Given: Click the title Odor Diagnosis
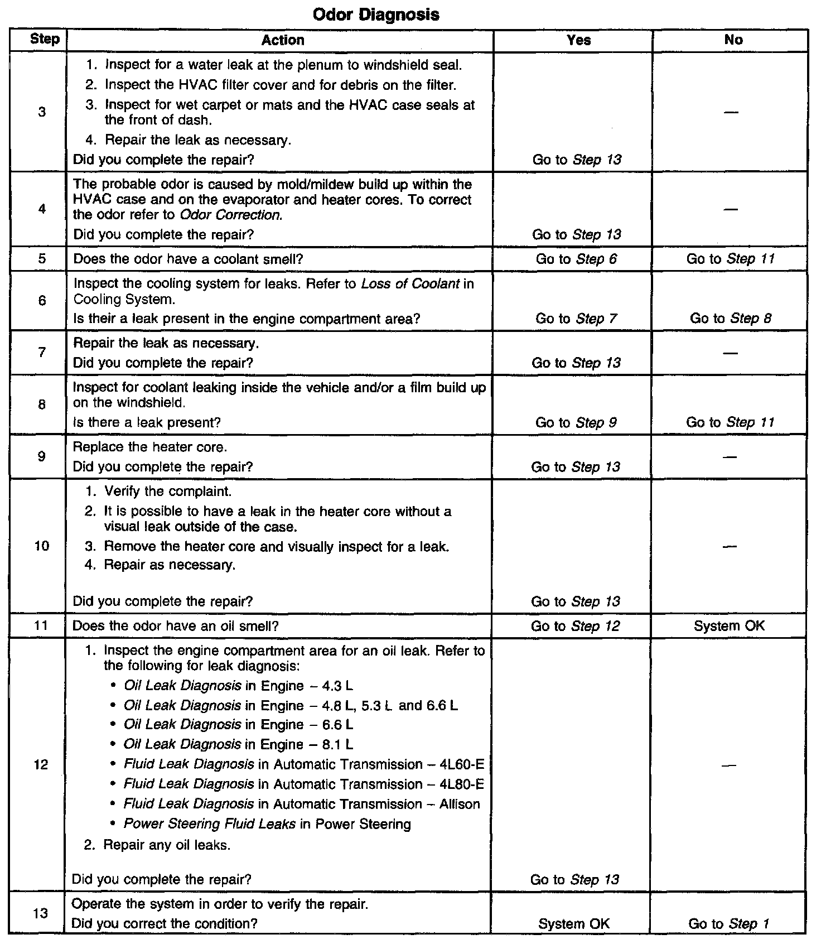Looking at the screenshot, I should pos(376,15).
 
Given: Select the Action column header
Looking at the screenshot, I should pos(283,40).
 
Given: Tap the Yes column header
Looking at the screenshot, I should pos(578,40).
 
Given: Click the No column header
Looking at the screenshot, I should pos(733,40).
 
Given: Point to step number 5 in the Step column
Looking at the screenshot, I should pos(42,259).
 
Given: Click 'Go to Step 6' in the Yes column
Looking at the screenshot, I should pos(576,259).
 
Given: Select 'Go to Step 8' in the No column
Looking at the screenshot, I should pos(731,319).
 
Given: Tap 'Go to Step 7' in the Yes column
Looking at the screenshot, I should pos(576,319).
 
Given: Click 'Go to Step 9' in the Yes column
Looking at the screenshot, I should pos(576,423).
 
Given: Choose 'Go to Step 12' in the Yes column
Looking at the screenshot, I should pos(575,626).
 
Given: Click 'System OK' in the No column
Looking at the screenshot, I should pos(730,626).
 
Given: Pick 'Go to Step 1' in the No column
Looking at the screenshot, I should pos(728,923).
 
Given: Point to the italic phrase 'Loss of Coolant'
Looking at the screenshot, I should pos(411,284).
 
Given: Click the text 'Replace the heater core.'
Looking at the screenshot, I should pos(150,447).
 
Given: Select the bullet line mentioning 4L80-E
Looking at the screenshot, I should pos(303,784).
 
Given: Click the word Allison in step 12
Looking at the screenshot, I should pos(460,804).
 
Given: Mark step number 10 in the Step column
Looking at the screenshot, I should pos(42,546).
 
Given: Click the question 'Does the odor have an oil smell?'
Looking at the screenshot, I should pos(175,626).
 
